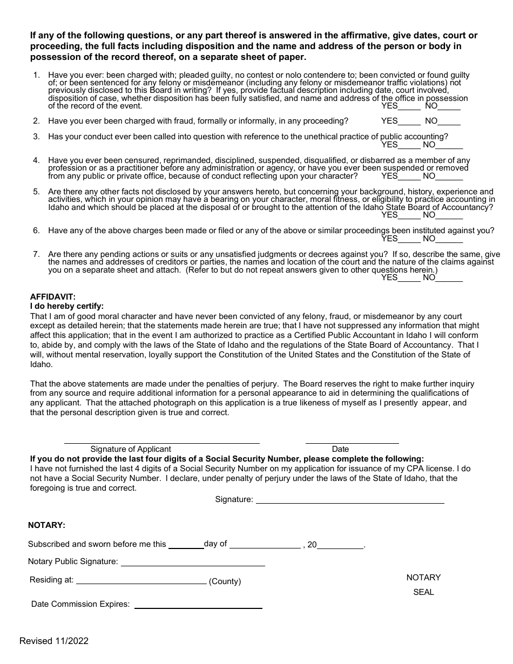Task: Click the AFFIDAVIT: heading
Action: pos(53,297)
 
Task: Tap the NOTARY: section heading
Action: pos(46,525)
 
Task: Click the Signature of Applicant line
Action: pos(161,441)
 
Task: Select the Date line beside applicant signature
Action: pos(352,441)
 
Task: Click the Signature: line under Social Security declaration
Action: pos(349,501)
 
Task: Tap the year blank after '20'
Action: pos(340,546)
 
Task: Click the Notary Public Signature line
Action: pos(193,564)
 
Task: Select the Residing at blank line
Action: pos(141,582)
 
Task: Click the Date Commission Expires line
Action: pos(198,606)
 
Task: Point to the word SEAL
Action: pos(423,592)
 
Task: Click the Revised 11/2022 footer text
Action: pos(54,641)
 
